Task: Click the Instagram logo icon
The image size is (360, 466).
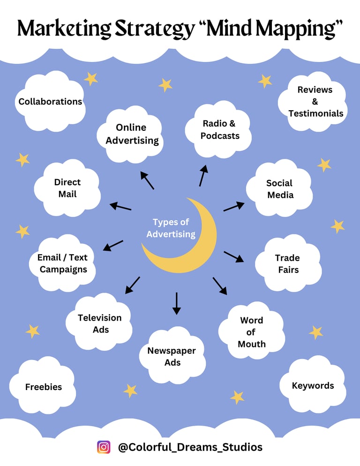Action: tap(104, 447)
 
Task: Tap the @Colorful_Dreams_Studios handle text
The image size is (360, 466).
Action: tap(190, 447)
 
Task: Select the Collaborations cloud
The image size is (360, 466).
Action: tap(50, 101)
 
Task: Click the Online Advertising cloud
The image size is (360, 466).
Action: tap(132, 134)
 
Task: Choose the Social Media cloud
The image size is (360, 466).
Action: tap(280, 188)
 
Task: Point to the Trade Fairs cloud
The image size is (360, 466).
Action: tap(287, 263)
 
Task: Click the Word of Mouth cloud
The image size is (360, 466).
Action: tap(252, 332)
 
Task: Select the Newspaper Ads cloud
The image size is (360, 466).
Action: tap(172, 356)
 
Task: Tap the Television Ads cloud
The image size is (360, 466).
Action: tap(100, 323)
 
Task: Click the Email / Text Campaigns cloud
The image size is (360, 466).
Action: tap(63, 263)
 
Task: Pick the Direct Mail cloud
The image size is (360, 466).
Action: tap(67, 188)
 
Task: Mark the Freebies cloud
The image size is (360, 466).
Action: tap(43, 387)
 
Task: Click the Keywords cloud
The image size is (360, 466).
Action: tap(313, 385)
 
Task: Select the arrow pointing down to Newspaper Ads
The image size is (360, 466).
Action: tap(176, 303)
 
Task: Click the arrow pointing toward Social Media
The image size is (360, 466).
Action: tap(233, 206)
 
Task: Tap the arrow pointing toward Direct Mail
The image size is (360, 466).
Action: tap(120, 206)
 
